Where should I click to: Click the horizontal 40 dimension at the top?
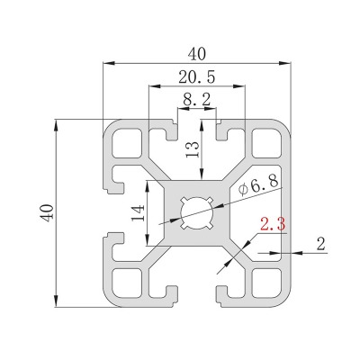(197, 54)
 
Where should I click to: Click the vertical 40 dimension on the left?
(47, 213)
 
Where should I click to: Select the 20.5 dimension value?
(197, 77)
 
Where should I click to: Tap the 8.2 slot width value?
(197, 100)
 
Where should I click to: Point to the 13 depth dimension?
(193, 149)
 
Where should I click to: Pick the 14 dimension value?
(139, 213)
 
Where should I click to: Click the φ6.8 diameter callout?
(258, 185)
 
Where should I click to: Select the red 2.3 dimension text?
(273, 224)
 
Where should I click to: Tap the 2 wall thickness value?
(321, 244)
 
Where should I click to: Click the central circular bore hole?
(197, 213)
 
